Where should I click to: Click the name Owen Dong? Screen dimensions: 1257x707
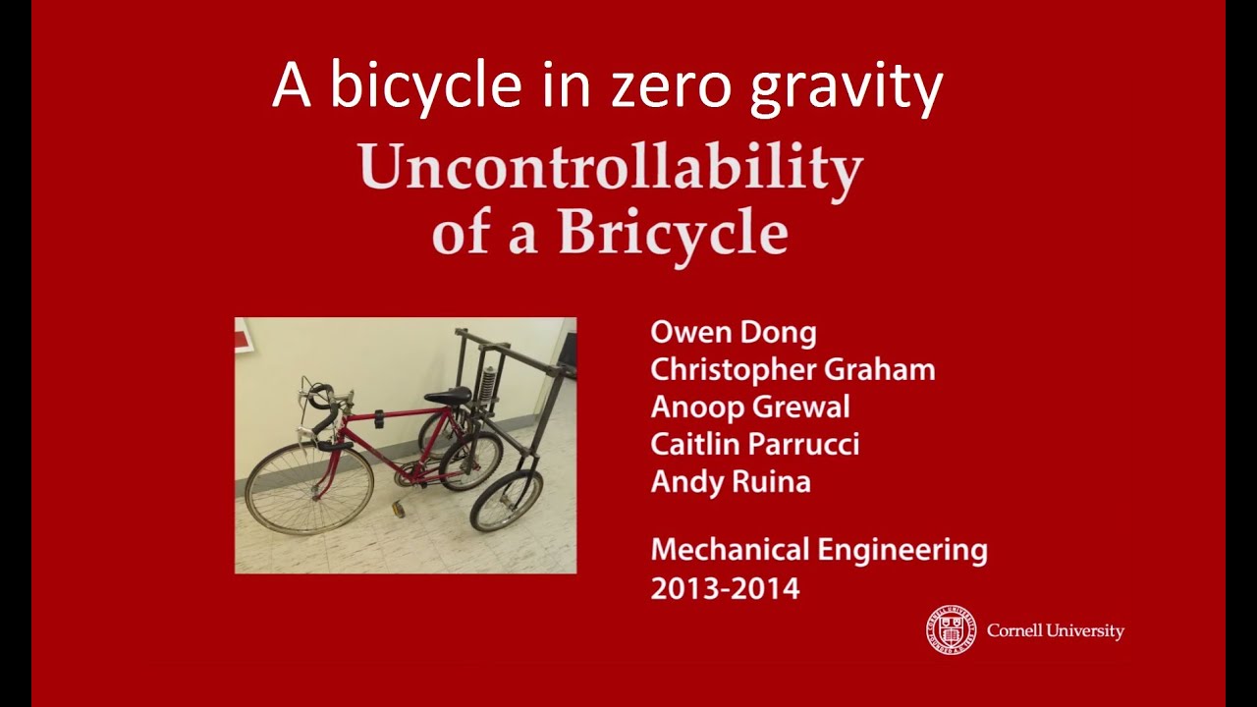tap(734, 332)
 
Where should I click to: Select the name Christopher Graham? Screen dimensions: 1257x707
tap(792, 370)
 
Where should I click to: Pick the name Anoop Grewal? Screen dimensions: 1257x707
tap(750, 407)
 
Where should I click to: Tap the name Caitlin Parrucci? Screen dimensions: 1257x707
tap(755, 444)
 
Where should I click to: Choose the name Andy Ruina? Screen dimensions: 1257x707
tap(731, 482)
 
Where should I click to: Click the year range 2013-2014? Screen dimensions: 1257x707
tap(725, 589)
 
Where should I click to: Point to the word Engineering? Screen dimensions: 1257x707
tap(902, 551)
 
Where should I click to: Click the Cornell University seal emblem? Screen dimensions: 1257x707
tap(951, 630)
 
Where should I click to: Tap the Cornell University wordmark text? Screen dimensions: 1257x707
tap(1056, 631)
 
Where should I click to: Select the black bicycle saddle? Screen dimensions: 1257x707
tap(447, 395)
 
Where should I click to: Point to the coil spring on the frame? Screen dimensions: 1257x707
tap(485, 383)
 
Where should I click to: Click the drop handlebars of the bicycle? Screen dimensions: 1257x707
tap(324, 408)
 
